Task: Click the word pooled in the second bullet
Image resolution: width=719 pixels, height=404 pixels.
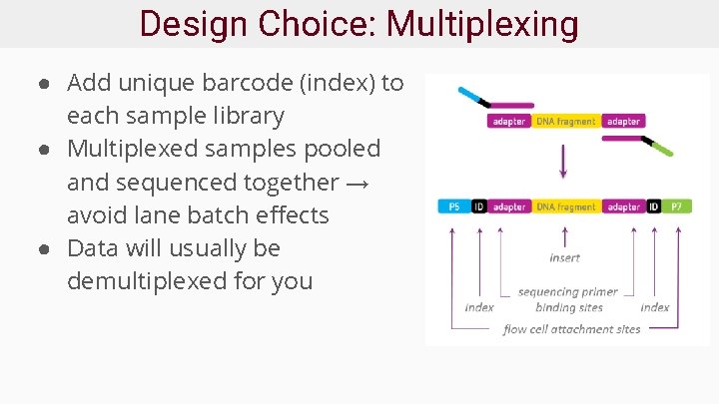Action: [343, 149]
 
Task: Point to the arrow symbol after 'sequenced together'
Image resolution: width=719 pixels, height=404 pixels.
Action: [360, 183]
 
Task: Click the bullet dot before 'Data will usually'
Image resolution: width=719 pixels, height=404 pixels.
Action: [47, 248]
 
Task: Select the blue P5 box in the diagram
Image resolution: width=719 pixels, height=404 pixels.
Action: [454, 206]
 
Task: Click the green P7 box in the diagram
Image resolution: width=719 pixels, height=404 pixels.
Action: [677, 206]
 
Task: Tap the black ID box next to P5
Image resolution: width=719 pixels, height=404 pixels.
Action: [479, 206]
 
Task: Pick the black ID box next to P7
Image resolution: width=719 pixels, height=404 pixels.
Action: [654, 206]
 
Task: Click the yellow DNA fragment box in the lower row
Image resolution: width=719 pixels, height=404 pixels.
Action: [566, 206]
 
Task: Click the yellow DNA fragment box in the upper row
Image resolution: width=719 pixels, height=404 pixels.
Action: [566, 122]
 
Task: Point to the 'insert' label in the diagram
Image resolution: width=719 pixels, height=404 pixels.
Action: [564, 257]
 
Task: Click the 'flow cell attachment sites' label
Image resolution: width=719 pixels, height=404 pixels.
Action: [571, 329]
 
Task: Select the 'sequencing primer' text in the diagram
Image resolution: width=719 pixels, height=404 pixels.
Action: [568, 292]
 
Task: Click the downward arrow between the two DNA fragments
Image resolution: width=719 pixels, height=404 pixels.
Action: [563, 161]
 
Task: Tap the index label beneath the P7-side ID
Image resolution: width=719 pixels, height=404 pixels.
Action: [654, 307]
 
